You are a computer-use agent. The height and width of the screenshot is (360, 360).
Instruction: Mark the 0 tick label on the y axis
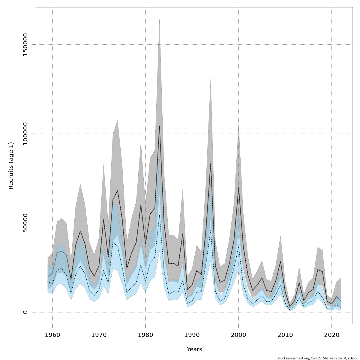pos(25,312)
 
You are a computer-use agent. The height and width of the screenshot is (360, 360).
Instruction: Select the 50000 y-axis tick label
pos(25,223)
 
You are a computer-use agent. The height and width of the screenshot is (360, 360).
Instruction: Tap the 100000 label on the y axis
pos(25,134)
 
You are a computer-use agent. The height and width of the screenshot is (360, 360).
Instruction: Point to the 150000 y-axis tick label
pos(25,45)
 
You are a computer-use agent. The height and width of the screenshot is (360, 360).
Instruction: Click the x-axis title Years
pos(194,349)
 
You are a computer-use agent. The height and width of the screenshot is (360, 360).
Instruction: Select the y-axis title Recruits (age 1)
pos(11,166)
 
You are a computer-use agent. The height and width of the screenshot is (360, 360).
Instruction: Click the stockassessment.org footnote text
pos(318,358)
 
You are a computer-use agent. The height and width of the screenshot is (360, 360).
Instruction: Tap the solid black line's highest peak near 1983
pos(159,126)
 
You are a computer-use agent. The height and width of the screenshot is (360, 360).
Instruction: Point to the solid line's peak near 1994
pos(211,163)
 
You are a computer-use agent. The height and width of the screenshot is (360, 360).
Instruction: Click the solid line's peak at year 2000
pos(238,187)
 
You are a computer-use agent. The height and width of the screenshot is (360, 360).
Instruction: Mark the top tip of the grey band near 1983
pos(159,19)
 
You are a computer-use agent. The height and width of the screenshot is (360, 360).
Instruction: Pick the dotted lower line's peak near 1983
pos(159,215)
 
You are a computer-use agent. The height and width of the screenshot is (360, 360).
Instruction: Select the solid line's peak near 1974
pos(118,190)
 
